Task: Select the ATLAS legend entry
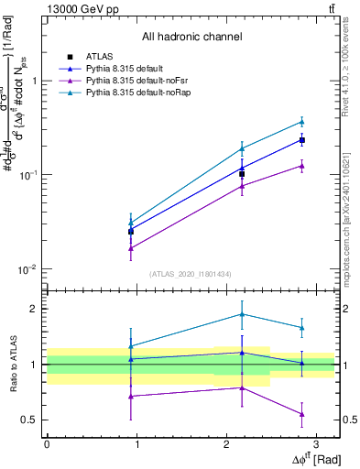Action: pyautogui.click(x=98, y=57)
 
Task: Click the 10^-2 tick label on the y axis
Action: pyautogui.click(x=30, y=269)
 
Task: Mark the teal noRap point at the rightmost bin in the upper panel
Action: pyautogui.click(x=302, y=121)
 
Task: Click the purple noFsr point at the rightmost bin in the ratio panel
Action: pyautogui.click(x=302, y=414)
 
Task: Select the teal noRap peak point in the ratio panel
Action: pyautogui.click(x=242, y=314)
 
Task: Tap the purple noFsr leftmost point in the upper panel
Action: pyautogui.click(x=131, y=248)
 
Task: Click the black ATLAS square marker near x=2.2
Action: pyautogui.click(x=242, y=174)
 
